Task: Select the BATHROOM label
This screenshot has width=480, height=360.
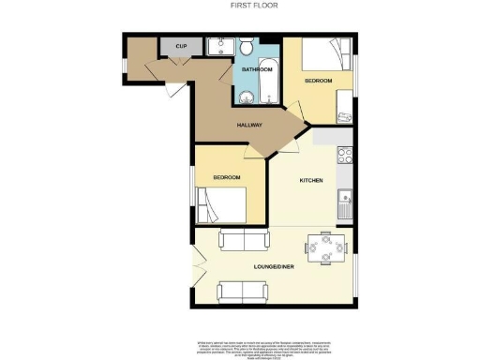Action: (x=257, y=69)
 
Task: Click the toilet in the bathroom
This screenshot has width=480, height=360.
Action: (x=246, y=47)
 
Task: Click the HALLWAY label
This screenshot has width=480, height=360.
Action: (x=248, y=125)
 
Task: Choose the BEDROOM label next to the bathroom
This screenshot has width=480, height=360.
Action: (x=319, y=82)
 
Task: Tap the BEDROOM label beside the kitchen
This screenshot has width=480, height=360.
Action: (x=226, y=177)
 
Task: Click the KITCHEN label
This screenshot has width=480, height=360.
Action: (x=311, y=180)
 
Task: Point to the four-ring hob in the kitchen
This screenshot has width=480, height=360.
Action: (x=344, y=156)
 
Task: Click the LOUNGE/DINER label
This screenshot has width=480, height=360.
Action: (x=275, y=267)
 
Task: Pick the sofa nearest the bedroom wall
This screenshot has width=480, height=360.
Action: (x=239, y=241)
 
